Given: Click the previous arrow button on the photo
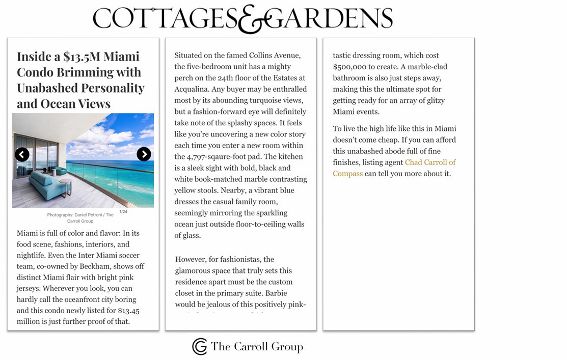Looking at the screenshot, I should (x=22, y=154).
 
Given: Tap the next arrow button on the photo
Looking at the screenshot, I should (x=144, y=154).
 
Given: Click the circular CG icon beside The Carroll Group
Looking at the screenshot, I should (x=200, y=347).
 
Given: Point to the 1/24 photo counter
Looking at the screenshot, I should (x=123, y=211).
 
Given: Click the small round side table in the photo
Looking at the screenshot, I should (x=66, y=184).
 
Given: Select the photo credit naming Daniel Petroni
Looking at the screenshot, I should (x=80, y=218).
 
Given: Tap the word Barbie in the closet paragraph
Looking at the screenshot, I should (x=277, y=293).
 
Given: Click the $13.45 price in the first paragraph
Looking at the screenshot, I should (x=128, y=311).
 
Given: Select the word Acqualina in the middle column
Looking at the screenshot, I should (x=195, y=89).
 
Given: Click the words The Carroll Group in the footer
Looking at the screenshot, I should (x=257, y=347).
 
